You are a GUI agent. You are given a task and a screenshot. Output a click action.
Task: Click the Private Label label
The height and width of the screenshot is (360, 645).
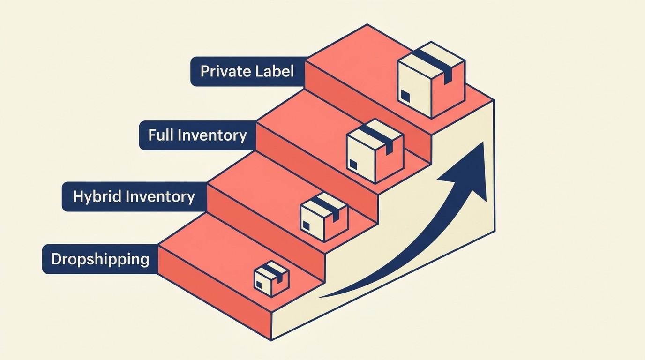pos(247,71)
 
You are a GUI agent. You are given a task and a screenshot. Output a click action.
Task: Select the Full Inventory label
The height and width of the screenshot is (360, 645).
pos(197,135)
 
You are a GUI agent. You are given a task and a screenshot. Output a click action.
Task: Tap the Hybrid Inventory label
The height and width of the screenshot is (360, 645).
pos(134,196)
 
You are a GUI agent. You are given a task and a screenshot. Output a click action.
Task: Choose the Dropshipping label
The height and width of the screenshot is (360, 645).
pos(100,259)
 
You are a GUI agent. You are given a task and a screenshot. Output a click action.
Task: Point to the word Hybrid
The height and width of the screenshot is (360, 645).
pos(94,196)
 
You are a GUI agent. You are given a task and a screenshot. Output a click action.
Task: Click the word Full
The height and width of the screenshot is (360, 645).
pos(159,135)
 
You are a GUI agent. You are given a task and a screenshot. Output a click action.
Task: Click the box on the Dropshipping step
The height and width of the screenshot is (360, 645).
pos(271,278)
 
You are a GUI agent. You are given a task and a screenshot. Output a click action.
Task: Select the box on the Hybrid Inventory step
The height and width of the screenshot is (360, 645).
pos(323,216)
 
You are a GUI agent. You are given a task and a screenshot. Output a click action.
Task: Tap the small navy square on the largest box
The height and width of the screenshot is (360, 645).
pos(405,97)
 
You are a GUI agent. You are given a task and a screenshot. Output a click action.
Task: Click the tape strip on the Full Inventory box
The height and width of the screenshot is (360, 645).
pos(380,137)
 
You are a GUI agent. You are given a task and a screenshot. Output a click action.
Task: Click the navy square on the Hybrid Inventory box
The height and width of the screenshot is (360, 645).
pos(306,226)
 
